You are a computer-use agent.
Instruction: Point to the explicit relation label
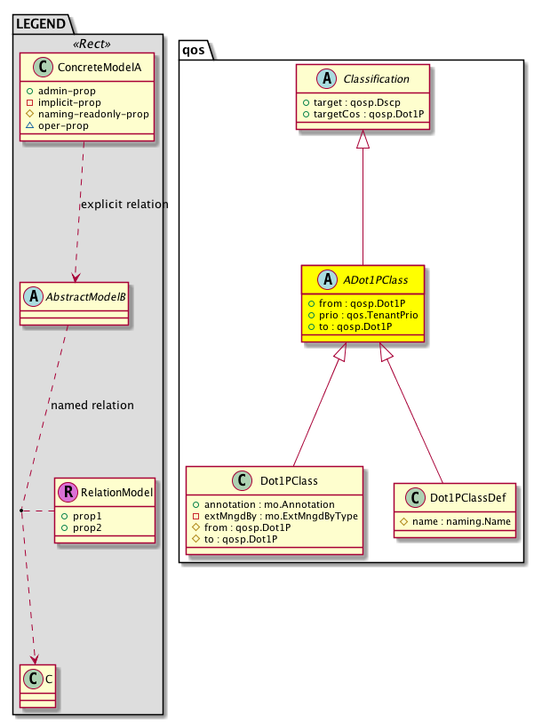click(x=124, y=205)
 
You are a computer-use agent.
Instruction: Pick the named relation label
click(x=92, y=406)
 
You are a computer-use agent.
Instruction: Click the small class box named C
click(x=36, y=687)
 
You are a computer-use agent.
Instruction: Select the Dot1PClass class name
click(x=287, y=480)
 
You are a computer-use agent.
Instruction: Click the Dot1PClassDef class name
click(x=466, y=498)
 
